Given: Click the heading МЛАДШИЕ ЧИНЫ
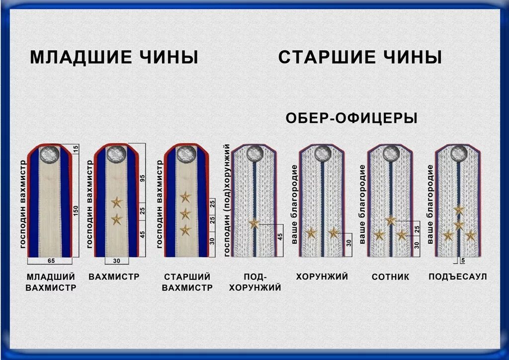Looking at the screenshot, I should point(114,57).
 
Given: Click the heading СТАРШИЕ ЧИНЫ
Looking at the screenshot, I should point(360,57).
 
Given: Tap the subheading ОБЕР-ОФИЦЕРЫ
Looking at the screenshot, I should point(351,118).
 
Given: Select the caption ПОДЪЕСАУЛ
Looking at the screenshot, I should point(457,276).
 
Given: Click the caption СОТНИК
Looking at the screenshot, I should point(390,277).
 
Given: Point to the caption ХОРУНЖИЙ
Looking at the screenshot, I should point(322,276).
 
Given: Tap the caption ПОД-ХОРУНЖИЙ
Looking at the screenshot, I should point(255,282).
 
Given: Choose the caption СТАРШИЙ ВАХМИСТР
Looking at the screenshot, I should point(187,282).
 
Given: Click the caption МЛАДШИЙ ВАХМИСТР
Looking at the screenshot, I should point(51,282).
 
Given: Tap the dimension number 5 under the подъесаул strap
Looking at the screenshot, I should point(463,260).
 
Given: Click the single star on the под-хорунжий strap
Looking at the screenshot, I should point(254,224).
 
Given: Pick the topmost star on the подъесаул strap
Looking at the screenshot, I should point(459,210).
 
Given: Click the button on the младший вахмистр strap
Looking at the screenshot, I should point(50,154).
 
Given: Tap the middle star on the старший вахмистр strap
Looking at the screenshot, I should point(185,214).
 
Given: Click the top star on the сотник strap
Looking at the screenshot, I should point(391,220).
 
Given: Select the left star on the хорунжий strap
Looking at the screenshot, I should point(311,232).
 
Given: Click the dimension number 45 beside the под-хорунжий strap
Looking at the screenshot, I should point(279,237).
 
